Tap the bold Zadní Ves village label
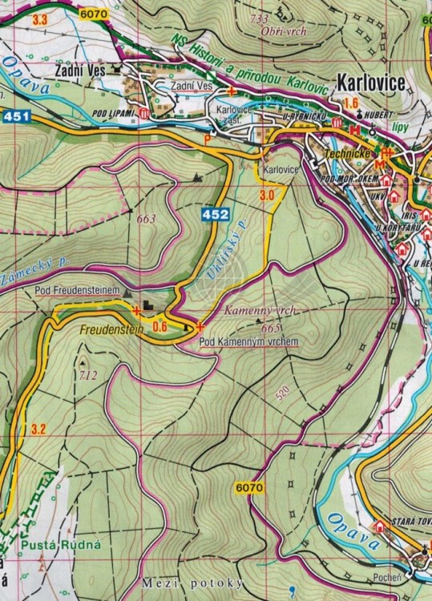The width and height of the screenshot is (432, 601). tap(80, 71)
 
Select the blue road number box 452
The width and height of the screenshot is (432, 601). tap(216, 214)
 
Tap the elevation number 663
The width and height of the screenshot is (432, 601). tap(146, 219)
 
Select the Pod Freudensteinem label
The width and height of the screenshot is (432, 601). tap(77, 289)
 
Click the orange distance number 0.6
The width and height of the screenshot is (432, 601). tap(159, 325)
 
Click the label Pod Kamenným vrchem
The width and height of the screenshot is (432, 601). tap(248, 341)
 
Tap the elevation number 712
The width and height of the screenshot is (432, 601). tap(87, 375)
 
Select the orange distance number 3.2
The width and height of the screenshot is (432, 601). tap(38, 430)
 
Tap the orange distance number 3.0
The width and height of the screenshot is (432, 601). tap(267, 195)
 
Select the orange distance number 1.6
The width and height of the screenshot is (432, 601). tap(350, 103)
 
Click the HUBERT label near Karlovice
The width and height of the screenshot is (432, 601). tap(382, 115)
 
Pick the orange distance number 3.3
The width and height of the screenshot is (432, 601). tap(41, 18)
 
